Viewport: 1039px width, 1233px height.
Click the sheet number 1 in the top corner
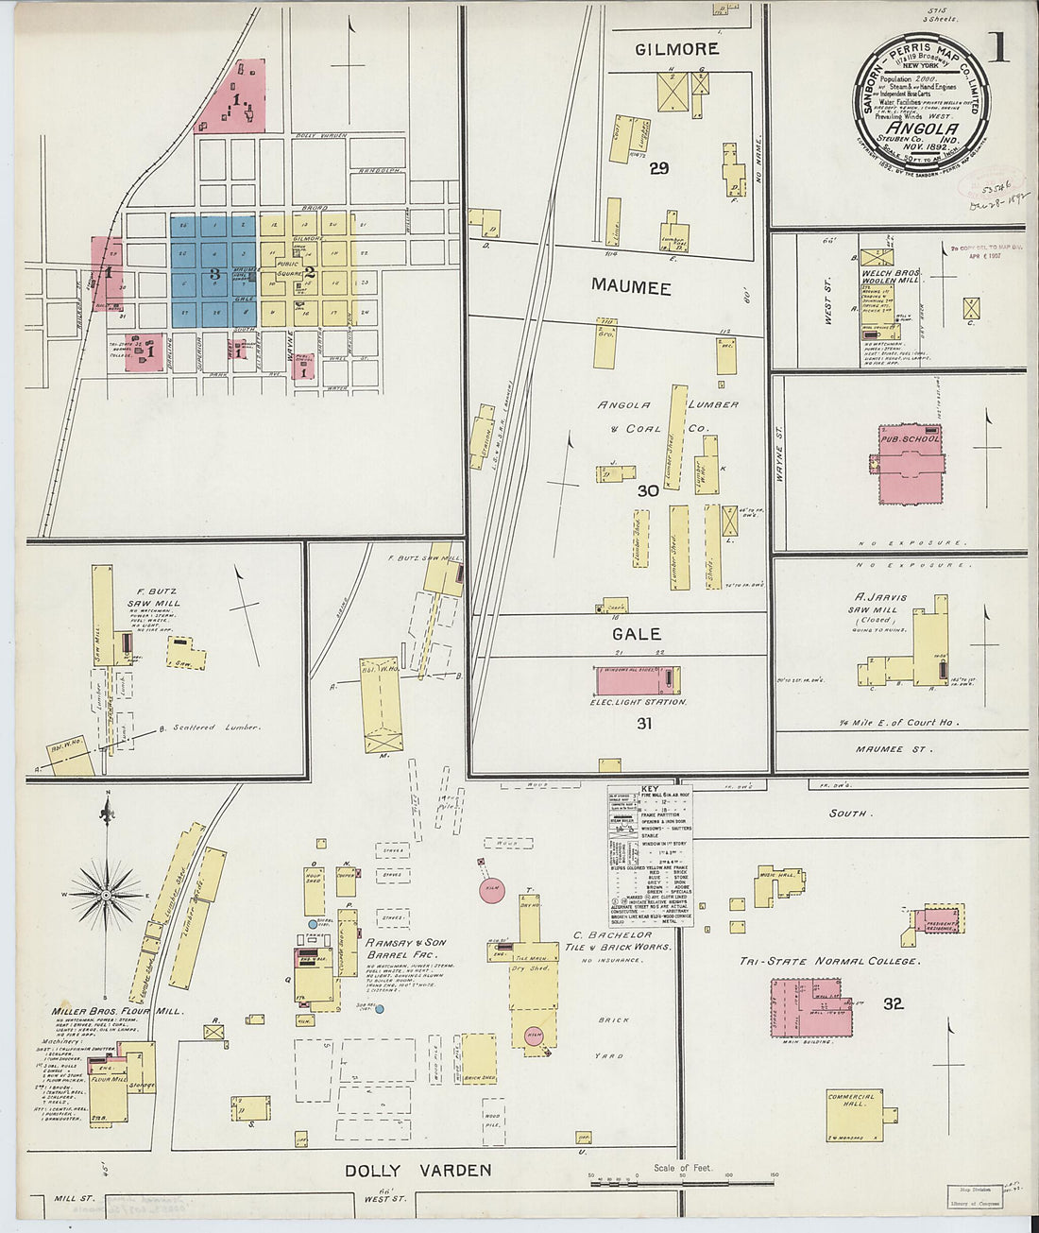point(998,44)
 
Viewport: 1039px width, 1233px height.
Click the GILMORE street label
point(676,49)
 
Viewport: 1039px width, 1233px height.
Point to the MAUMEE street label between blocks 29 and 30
point(631,286)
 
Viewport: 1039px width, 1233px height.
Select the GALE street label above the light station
point(636,634)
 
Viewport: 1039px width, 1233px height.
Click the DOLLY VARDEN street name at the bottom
point(417,1171)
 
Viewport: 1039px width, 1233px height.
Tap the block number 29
point(658,168)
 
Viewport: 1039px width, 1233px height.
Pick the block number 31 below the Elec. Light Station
point(644,724)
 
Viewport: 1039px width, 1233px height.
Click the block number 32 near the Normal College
point(893,1003)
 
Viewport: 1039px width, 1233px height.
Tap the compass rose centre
point(107,893)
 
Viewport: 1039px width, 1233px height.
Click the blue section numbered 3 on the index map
point(214,272)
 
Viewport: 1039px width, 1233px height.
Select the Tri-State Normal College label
point(828,961)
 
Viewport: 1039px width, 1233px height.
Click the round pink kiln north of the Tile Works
point(490,891)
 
